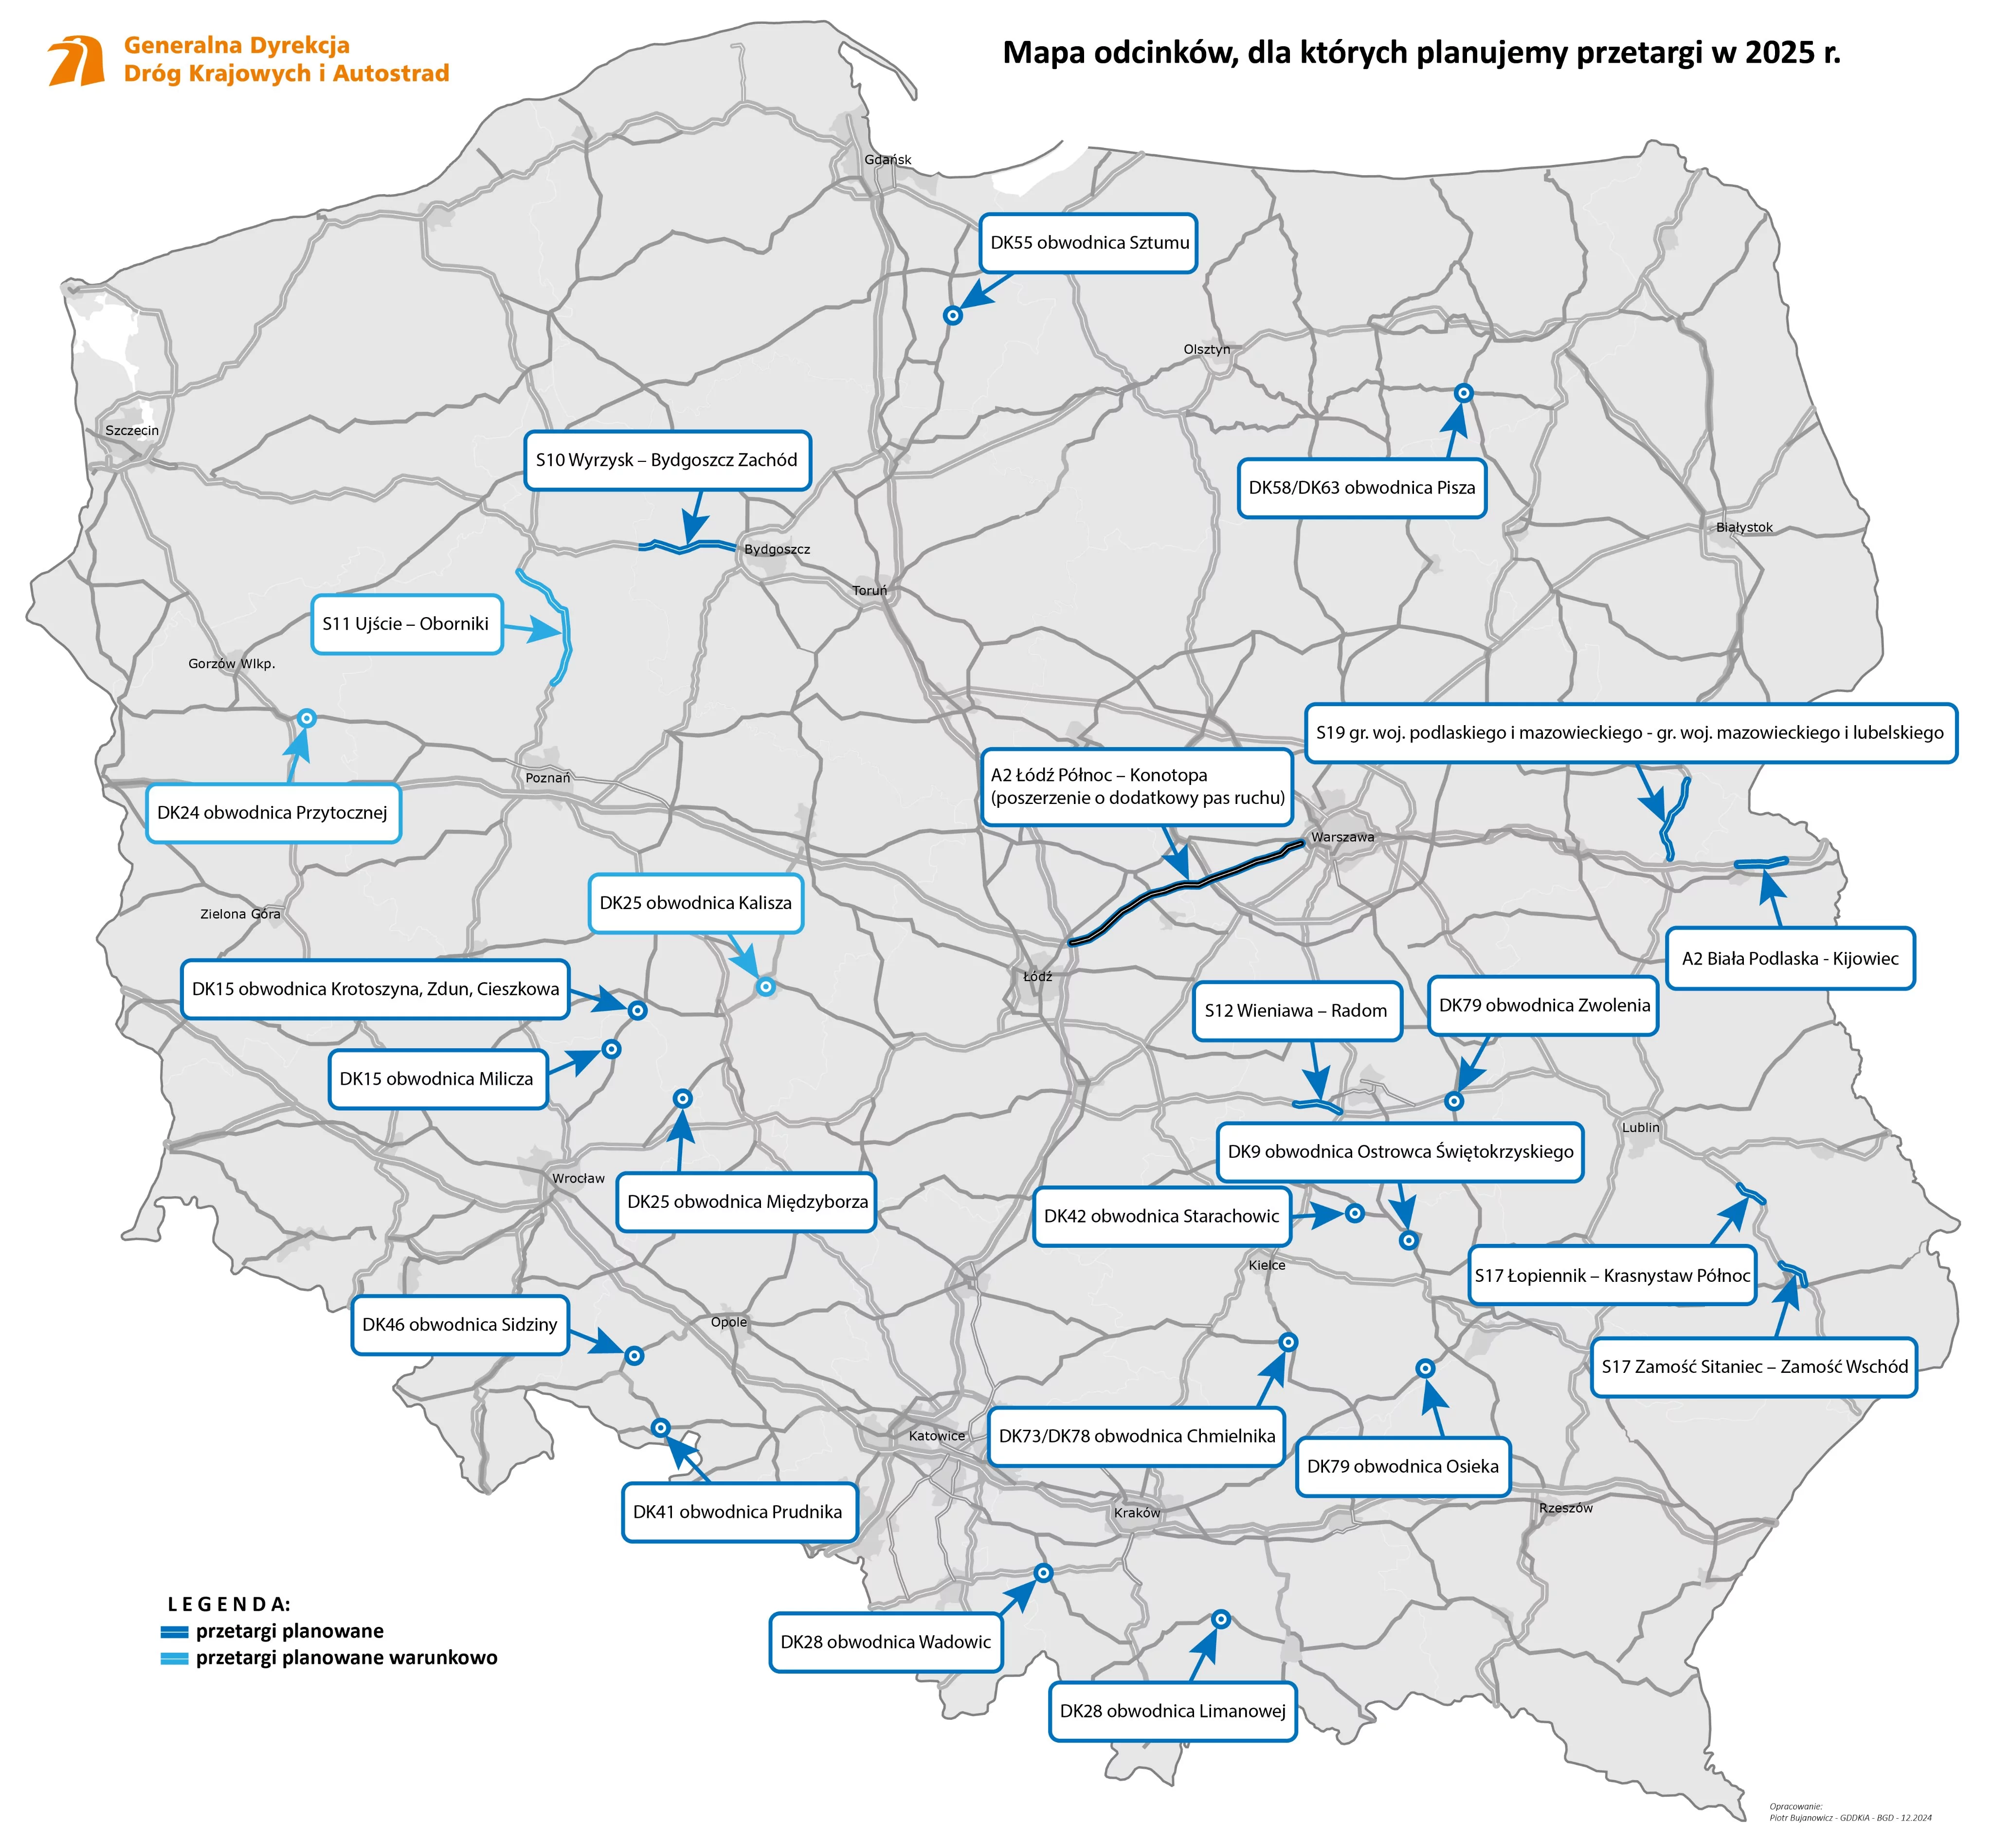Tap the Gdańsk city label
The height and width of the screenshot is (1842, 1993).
(887, 160)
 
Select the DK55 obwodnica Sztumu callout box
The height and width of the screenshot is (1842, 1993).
(1088, 242)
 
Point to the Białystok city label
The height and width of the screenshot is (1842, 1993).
(1744, 527)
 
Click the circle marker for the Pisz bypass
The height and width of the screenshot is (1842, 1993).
(1463, 393)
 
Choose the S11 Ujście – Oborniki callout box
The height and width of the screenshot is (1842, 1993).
(406, 624)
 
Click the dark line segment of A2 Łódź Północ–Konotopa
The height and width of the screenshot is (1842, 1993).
(1186, 885)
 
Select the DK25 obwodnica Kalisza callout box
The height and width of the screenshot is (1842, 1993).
(696, 903)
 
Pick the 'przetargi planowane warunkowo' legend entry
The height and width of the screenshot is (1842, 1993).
(346, 1658)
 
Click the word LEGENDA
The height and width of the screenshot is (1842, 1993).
(229, 1605)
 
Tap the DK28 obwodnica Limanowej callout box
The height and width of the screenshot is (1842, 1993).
(1172, 1712)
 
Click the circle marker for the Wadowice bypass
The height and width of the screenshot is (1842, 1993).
(1042, 1573)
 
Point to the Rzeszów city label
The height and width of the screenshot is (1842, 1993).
(1565, 1508)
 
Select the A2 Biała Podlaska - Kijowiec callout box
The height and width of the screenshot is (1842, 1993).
(1790, 959)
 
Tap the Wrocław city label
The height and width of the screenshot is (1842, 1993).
(578, 1178)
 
